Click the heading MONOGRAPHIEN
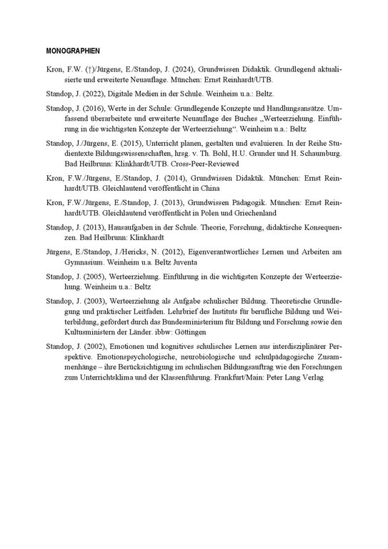(72, 51)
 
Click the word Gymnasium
(67, 264)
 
